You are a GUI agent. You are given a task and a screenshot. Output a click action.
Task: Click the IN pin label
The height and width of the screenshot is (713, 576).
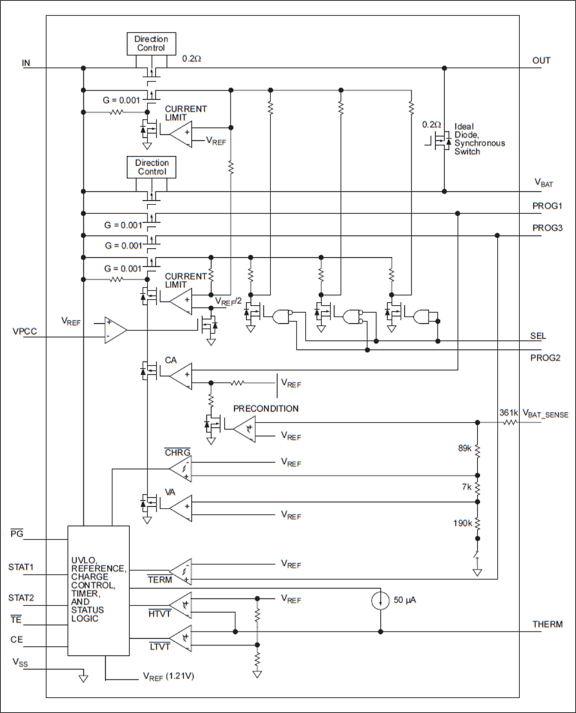(x=26, y=62)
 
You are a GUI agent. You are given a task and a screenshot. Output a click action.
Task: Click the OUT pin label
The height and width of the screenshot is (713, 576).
(x=541, y=61)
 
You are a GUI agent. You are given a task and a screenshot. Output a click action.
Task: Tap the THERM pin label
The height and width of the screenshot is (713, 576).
(x=547, y=624)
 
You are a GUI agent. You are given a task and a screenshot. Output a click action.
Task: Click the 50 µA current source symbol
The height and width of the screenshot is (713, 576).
(x=380, y=599)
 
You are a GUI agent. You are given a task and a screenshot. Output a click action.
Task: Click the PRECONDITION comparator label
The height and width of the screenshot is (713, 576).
(x=266, y=409)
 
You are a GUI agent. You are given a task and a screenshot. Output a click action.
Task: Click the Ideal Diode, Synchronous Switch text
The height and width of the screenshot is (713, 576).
(x=479, y=139)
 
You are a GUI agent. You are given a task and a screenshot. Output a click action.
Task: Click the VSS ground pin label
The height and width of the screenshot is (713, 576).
(x=19, y=662)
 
